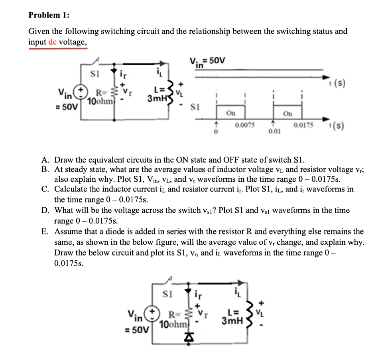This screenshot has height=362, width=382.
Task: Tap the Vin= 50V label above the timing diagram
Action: (207, 62)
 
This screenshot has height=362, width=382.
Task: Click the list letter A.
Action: (45, 160)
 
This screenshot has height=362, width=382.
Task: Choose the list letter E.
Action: (45, 232)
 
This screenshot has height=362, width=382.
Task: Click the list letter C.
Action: (45, 189)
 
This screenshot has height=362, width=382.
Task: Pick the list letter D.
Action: (45, 210)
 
